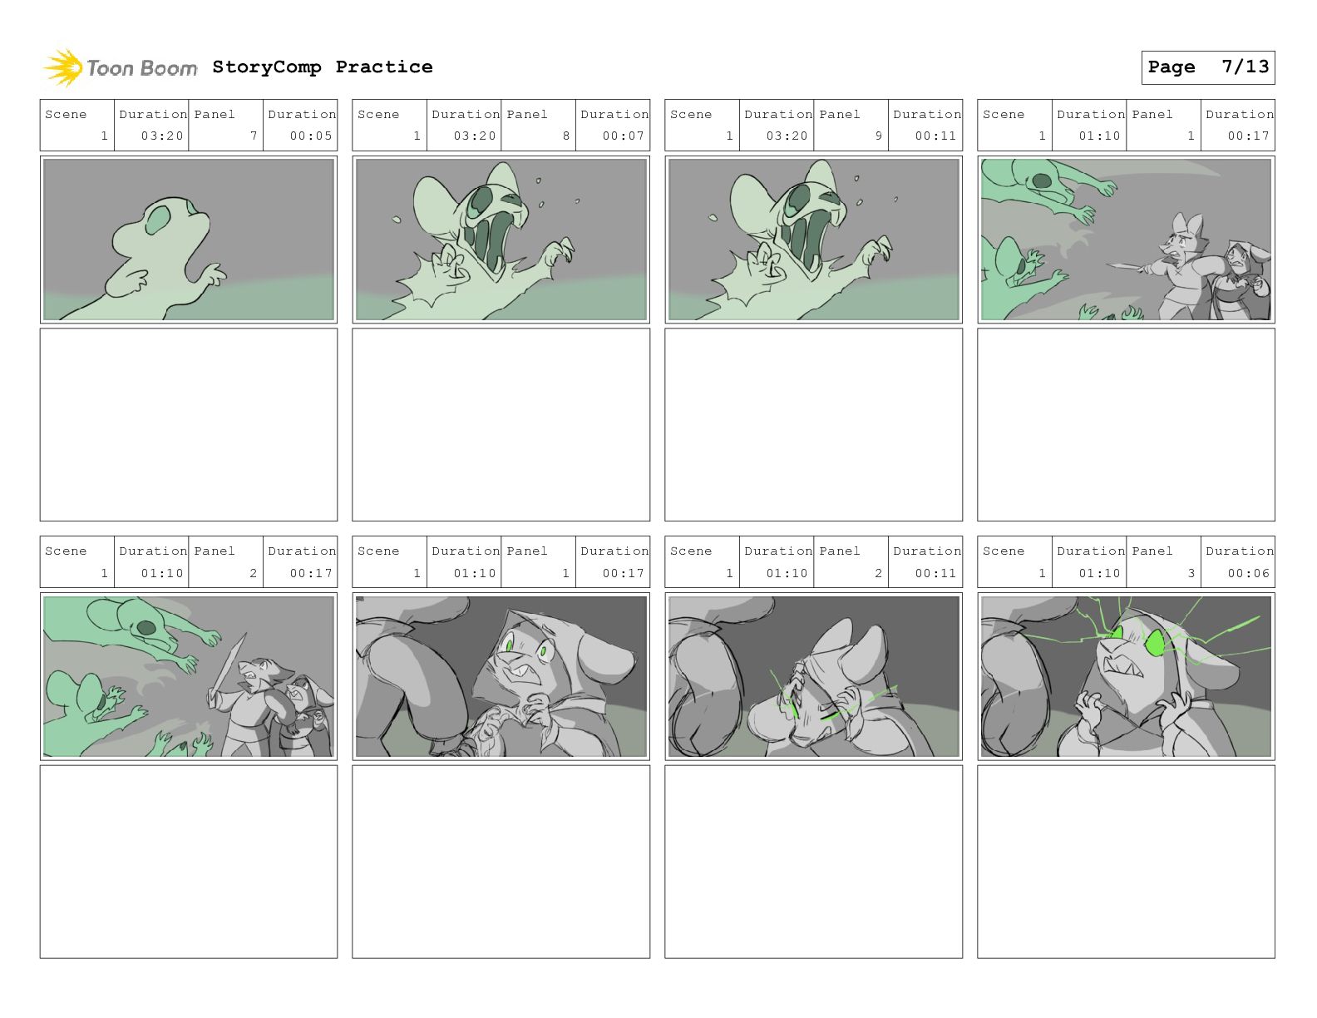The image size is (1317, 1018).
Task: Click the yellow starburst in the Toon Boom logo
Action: point(62,67)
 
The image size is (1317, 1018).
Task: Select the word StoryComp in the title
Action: point(267,67)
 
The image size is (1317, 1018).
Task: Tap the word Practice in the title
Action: point(384,67)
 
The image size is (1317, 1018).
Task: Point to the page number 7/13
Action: point(1245,67)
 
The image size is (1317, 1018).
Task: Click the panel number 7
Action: point(254,136)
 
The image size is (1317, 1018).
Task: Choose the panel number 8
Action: point(566,136)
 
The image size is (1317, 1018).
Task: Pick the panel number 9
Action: point(879,136)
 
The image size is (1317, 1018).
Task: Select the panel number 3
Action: point(1191,573)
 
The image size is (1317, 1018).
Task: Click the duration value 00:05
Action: point(311,136)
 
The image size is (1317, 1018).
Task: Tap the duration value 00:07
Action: point(624,136)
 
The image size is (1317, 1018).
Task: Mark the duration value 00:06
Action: point(1249,573)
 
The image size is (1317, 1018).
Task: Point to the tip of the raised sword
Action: point(245,634)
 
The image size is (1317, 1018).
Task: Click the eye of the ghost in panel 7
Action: point(158,220)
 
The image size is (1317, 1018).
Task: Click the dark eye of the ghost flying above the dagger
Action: point(1041,180)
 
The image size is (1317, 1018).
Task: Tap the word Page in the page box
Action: point(1171,67)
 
